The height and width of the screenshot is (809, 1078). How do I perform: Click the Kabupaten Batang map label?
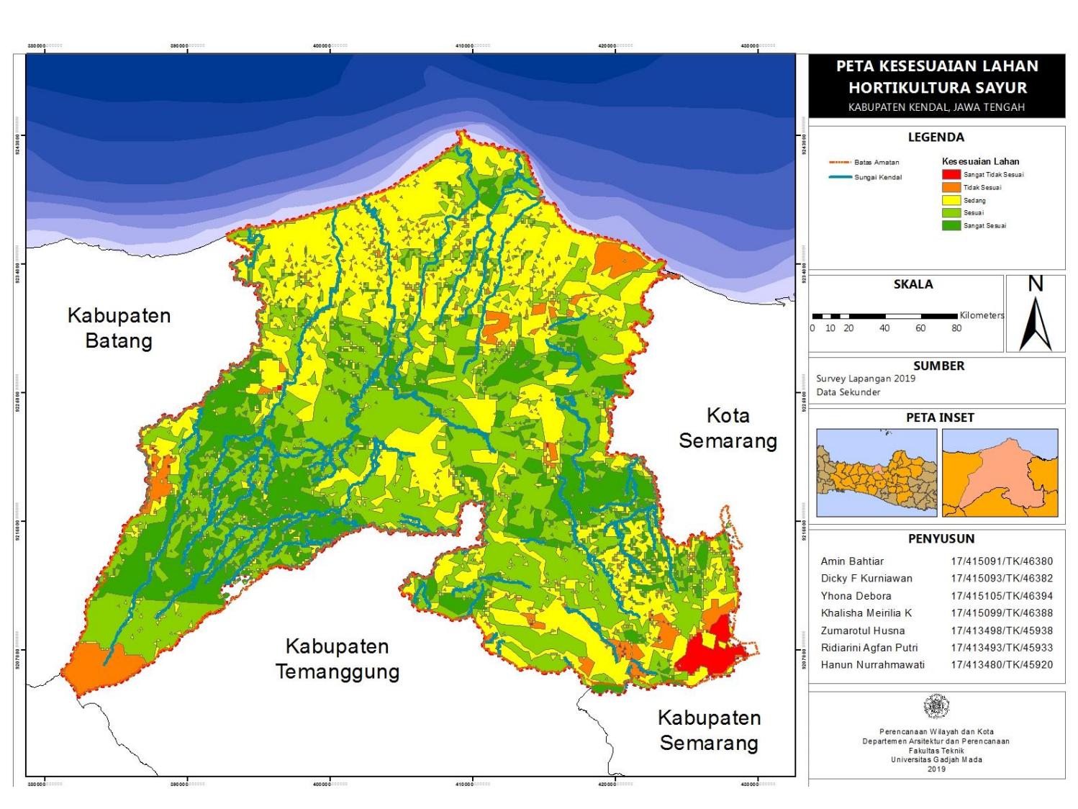click(x=119, y=327)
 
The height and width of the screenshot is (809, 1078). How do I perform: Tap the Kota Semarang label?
click(x=728, y=428)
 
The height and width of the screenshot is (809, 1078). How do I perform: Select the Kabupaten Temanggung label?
click(x=337, y=659)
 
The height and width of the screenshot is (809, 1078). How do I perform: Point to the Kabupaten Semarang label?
click(x=709, y=730)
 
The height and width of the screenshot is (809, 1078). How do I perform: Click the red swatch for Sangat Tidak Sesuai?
click(x=951, y=175)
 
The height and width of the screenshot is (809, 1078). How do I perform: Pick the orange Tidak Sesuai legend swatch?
click(x=951, y=188)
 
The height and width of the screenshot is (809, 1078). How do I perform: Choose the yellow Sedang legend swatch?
click(x=951, y=201)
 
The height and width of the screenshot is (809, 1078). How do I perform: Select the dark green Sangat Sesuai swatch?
click(x=951, y=226)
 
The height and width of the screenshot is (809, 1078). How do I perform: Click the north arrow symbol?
click(x=1035, y=317)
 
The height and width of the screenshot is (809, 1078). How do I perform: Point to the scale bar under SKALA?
click(x=884, y=316)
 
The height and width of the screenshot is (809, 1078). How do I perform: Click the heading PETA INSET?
click(x=939, y=417)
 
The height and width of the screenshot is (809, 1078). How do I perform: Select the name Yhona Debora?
click(x=856, y=596)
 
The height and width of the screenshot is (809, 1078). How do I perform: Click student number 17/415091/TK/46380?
click(x=1001, y=561)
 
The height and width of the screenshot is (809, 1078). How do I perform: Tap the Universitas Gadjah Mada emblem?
click(x=936, y=707)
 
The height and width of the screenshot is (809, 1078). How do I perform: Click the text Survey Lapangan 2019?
click(x=865, y=379)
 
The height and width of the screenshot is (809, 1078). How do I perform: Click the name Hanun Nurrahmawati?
click(x=872, y=665)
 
